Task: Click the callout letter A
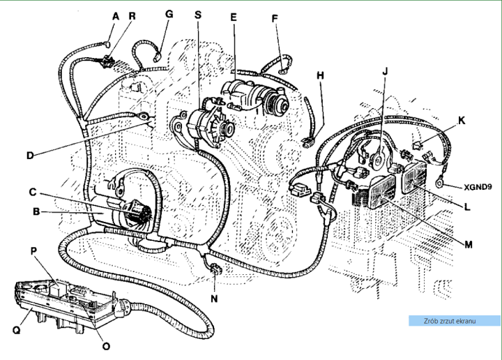[x=116, y=16]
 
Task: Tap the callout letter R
[x=132, y=16]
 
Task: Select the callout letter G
[x=169, y=14]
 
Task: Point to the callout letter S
[x=198, y=15]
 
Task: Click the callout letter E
[x=234, y=17]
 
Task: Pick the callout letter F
[x=275, y=19]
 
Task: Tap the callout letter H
[x=320, y=75]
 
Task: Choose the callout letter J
[x=385, y=71]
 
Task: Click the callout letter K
[x=462, y=121]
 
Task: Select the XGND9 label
[x=478, y=187]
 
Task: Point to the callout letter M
[x=468, y=245]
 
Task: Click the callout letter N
[x=214, y=299]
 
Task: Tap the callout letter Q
[x=17, y=330]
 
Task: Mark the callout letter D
[x=30, y=156]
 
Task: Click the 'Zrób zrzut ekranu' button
[x=455, y=321]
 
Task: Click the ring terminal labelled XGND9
[x=439, y=183]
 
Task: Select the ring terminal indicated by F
[x=282, y=71]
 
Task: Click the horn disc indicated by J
[x=379, y=160]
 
